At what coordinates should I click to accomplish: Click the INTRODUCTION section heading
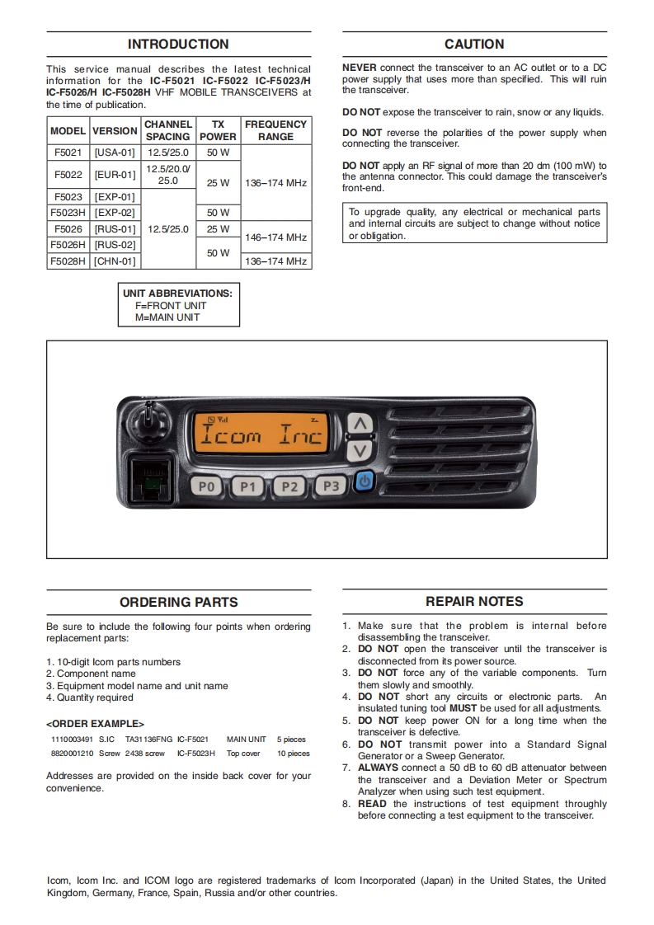(x=178, y=45)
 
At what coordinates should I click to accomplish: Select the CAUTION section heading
(x=474, y=45)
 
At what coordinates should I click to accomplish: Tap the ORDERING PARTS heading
(x=178, y=603)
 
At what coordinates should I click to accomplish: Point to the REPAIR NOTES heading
(x=474, y=602)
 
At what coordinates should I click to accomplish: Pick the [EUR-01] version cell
(x=115, y=175)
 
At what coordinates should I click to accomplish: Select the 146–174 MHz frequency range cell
(x=275, y=237)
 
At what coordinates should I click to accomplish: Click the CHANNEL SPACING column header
(x=167, y=130)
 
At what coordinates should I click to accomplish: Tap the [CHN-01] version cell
(x=115, y=261)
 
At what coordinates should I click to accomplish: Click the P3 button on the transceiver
(x=331, y=486)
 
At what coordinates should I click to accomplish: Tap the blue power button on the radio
(x=364, y=481)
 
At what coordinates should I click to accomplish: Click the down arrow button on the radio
(x=359, y=451)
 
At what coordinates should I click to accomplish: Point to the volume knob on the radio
(x=149, y=424)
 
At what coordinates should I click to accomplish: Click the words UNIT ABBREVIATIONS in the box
(x=177, y=293)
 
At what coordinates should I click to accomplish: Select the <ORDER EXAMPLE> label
(x=96, y=723)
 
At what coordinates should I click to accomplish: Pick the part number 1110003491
(x=72, y=740)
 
